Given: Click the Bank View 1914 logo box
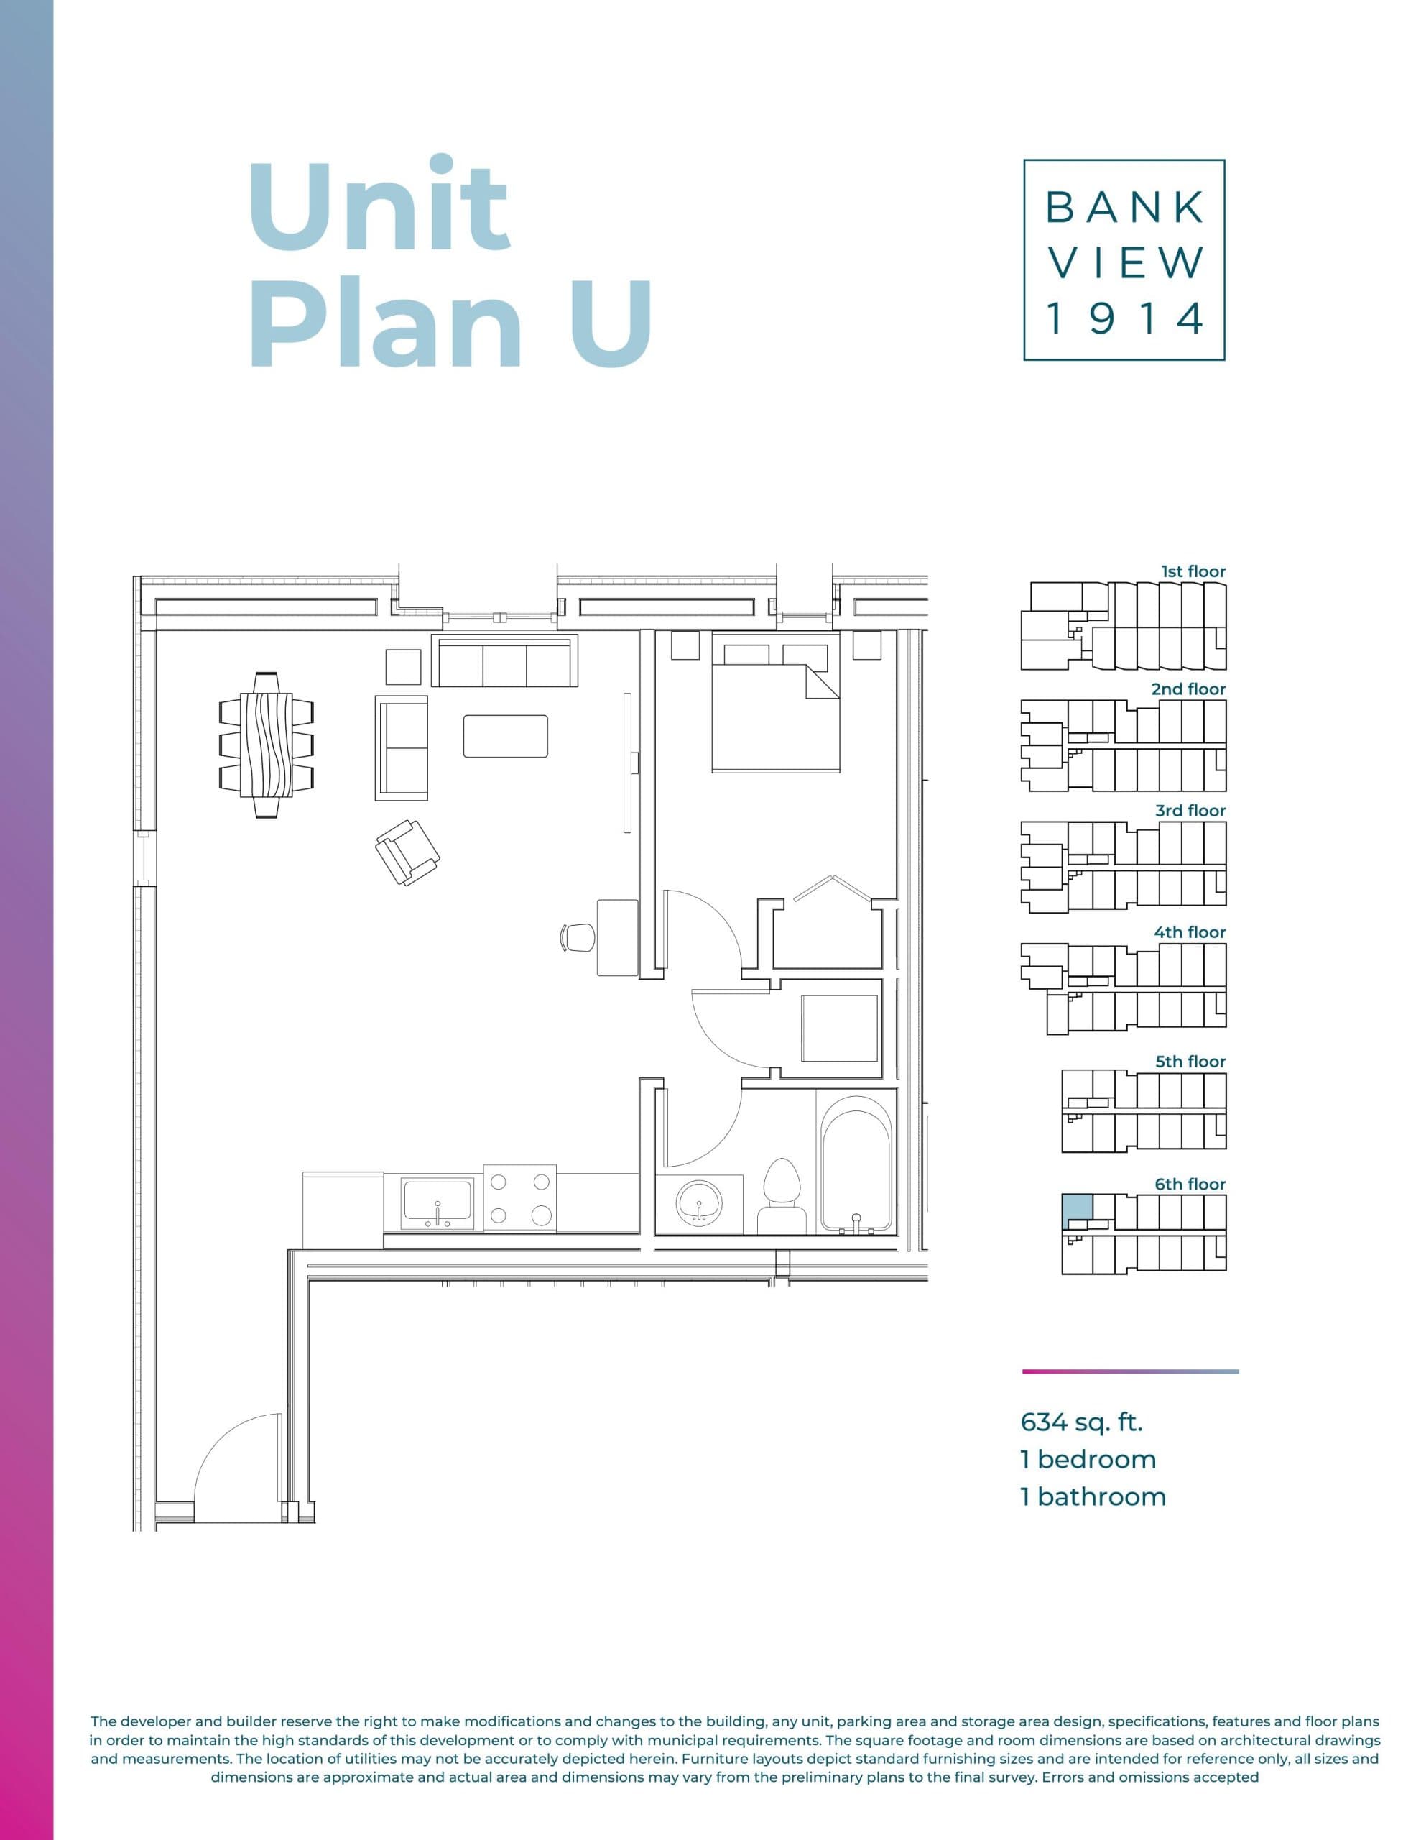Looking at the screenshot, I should coord(1124,259).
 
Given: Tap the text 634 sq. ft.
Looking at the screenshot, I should coord(1081,1422).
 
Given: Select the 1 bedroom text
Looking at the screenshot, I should coord(1088,1459).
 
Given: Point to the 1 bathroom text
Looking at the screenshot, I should coord(1093,1496).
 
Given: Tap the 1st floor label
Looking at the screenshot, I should coord(1193,571).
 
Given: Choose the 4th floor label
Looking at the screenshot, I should coord(1190,931).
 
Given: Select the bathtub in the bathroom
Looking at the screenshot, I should coord(856,1164).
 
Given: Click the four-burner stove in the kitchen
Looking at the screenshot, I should coord(519,1198).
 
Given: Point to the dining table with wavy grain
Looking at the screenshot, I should coord(267,745).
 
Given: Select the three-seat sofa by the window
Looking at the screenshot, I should coord(504,661).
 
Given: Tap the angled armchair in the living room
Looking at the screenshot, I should coord(407,852).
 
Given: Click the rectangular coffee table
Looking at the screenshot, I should coord(505,735).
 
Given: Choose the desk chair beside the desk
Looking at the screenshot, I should coord(578,936).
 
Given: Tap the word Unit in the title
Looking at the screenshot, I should coord(379,205).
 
